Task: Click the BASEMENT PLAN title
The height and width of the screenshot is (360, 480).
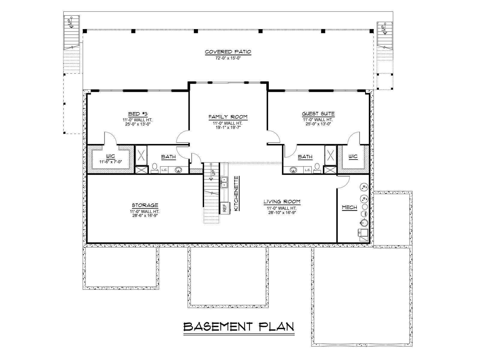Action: tap(238, 327)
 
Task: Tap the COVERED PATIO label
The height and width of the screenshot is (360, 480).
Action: tap(228, 52)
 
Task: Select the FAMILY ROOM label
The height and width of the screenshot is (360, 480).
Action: tap(228, 117)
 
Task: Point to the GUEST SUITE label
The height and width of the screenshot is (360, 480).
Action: tap(318, 114)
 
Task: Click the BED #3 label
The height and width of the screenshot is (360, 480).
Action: tap(138, 114)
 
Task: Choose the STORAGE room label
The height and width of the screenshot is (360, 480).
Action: tap(145, 205)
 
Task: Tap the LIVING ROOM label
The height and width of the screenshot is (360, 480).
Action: tap(282, 202)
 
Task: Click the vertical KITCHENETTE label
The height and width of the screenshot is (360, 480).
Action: tap(236, 194)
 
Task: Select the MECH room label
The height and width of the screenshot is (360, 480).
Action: tap(349, 207)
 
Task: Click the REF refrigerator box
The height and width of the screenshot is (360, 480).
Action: tap(225, 208)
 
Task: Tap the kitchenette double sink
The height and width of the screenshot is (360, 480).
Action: tap(224, 182)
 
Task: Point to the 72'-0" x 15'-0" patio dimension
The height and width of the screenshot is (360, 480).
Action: tap(228, 58)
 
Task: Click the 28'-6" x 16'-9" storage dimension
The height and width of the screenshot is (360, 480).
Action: tap(145, 215)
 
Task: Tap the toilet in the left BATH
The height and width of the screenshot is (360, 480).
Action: tap(155, 168)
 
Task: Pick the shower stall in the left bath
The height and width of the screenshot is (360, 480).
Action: tap(141, 155)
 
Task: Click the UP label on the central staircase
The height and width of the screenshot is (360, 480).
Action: tap(213, 172)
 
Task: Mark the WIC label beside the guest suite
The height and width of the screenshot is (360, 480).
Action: tap(353, 157)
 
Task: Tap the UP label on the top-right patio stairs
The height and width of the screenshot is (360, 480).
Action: tap(382, 28)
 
